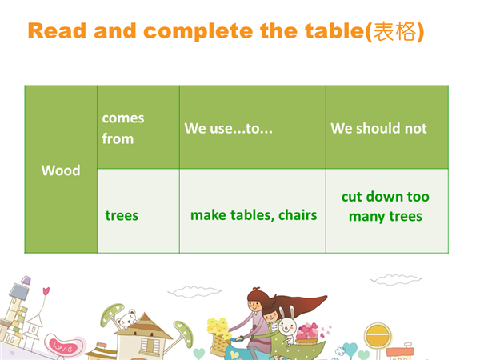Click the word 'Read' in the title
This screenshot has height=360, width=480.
coord(57,31)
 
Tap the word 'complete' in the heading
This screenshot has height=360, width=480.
coord(198,32)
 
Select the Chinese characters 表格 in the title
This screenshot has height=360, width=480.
coord(395,31)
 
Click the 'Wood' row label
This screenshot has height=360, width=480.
coord(61,170)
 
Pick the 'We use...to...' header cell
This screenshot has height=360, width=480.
coord(253,127)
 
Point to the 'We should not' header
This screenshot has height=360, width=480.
coord(387,127)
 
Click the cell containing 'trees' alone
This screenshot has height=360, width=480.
coord(138,211)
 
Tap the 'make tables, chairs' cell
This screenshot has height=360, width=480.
coord(253,211)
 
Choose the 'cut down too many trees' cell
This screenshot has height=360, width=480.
coord(387,211)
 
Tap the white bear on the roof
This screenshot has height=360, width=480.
coord(126,319)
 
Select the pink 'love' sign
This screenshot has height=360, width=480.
coord(62,346)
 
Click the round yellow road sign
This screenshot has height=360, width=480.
coord(378,335)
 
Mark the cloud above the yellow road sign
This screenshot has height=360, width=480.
coord(396,279)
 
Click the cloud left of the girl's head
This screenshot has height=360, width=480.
coord(194,291)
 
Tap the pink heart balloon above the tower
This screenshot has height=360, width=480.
coord(46,290)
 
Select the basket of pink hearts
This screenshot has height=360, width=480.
coord(307,334)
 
